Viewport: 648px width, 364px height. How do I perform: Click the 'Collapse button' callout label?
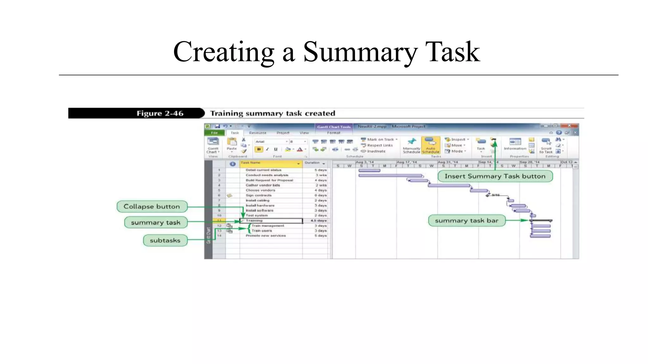(152, 207)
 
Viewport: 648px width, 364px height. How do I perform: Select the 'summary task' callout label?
(156, 222)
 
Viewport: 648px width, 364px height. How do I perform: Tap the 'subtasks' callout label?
(165, 240)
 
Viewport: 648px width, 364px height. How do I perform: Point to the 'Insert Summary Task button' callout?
(495, 176)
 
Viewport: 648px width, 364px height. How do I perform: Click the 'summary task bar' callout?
(466, 221)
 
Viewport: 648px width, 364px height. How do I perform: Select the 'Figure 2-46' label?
(160, 113)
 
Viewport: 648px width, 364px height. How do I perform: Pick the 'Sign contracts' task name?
(259, 195)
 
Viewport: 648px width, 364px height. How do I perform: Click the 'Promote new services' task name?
(266, 236)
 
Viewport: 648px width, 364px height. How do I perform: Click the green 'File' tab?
(215, 133)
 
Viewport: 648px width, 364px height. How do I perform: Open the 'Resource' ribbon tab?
(258, 133)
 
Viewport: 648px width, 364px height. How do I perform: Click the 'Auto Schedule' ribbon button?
(430, 145)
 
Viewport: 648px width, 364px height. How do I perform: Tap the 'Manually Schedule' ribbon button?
(411, 145)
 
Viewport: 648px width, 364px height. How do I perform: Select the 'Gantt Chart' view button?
(213, 145)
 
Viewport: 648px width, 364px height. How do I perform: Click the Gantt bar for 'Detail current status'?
(369, 171)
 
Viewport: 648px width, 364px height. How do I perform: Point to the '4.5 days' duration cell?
(318, 221)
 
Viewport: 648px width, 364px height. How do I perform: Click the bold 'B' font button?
(259, 149)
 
